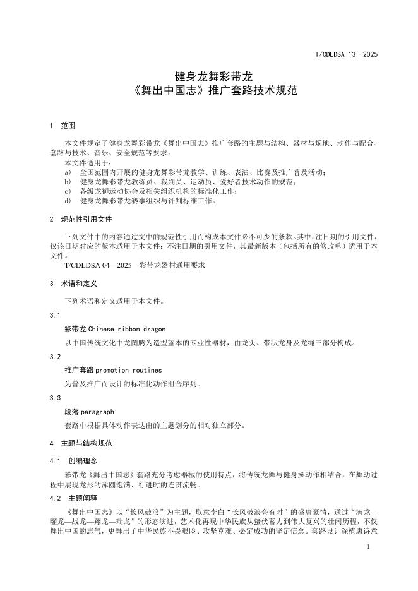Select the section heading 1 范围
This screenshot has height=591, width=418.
63,126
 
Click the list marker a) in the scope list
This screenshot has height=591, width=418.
68,172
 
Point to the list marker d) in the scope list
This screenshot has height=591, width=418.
68,201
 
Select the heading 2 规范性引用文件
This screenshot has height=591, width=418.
81,219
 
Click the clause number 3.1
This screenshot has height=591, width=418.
55,314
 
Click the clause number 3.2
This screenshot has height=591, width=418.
55,356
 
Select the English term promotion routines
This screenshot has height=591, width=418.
129,370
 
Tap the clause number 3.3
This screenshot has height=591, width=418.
55,398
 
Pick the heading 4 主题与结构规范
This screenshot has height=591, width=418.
81,443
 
